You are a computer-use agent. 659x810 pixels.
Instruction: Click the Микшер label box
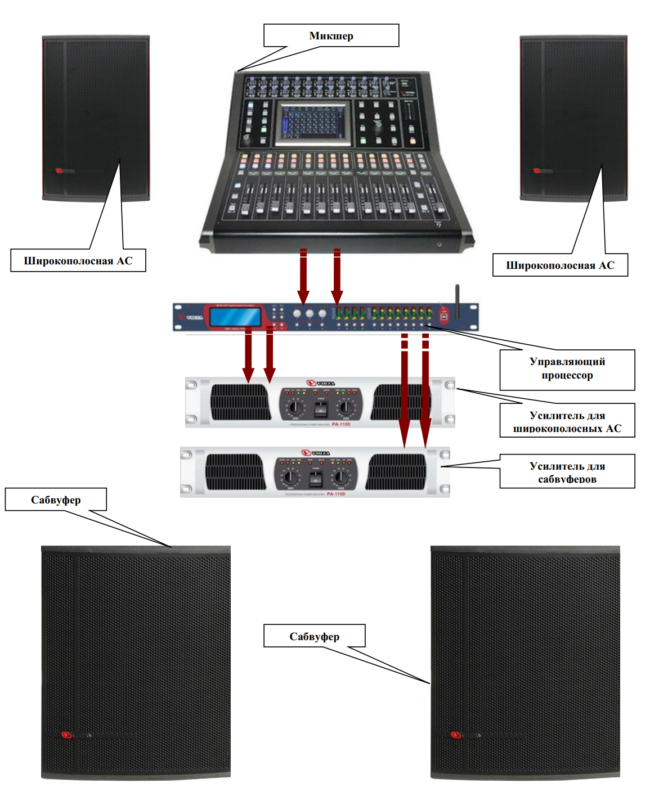[x=331, y=35]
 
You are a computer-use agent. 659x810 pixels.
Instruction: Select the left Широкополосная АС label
[x=78, y=260]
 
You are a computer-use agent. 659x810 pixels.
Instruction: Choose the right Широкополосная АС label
[x=560, y=265]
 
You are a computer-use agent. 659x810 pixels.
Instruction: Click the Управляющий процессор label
[x=567, y=369]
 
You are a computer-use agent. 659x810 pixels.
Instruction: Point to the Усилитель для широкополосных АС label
[x=567, y=421]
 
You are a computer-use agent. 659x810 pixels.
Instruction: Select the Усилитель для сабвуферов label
[x=567, y=471]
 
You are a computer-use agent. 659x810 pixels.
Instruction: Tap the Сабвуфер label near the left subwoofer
[x=56, y=499]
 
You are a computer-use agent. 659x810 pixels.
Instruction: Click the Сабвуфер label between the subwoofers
[x=314, y=636]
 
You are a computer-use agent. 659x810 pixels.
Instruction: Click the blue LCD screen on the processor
[x=235, y=317]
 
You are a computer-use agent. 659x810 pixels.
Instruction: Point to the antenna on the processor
[x=458, y=304]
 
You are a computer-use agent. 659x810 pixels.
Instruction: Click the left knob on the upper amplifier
[x=295, y=407]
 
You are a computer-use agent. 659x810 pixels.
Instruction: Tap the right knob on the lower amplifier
[x=340, y=478]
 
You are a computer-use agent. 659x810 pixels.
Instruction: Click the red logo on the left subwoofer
[x=66, y=735]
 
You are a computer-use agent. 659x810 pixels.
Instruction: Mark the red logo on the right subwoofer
[x=456, y=735]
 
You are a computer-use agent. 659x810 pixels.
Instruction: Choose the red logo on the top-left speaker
[x=59, y=170]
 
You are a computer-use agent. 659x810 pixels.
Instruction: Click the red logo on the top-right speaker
[x=537, y=170]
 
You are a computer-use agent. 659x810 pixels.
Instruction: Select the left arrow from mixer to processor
[x=303, y=276]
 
